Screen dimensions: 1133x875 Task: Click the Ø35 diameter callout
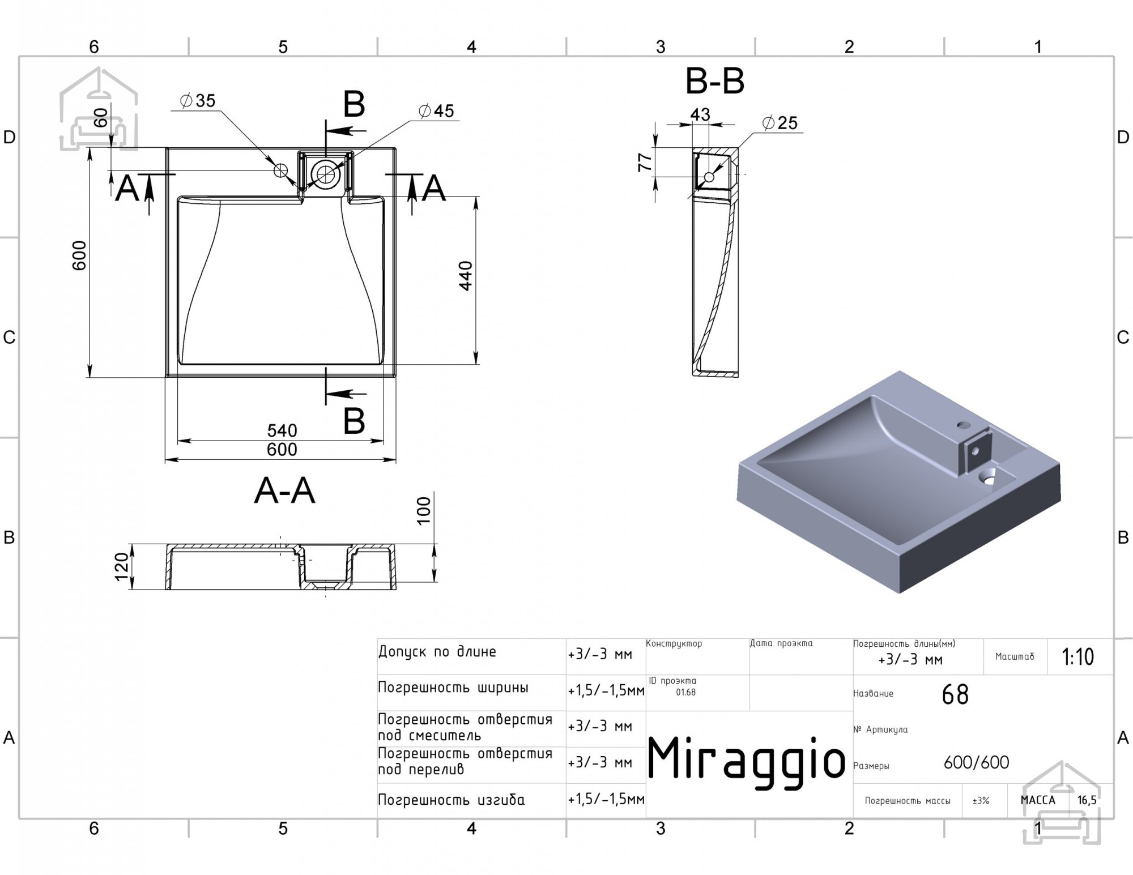(x=198, y=101)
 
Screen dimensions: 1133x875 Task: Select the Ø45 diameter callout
(x=436, y=111)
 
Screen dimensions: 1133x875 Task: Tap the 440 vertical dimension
(x=466, y=276)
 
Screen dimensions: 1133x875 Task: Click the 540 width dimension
(x=282, y=430)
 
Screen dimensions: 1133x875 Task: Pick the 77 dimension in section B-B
(x=645, y=163)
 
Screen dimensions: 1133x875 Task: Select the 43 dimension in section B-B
(x=700, y=115)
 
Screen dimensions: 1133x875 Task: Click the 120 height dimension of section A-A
(x=121, y=567)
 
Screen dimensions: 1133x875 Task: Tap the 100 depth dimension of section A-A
(x=424, y=511)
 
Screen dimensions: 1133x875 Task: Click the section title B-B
(x=715, y=81)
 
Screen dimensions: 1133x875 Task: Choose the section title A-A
(x=284, y=490)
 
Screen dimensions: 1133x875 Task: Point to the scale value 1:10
(x=1078, y=657)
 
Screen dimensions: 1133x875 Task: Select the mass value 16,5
(x=1087, y=800)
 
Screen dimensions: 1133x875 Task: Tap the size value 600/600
(x=977, y=763)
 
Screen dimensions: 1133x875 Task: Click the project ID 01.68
(x=685, y=692)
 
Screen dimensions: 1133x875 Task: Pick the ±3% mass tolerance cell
(x=981, y=801)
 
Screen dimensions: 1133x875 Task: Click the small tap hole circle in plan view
(x=281, y=170)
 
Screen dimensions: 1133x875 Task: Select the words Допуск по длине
(x=437, y=652)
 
